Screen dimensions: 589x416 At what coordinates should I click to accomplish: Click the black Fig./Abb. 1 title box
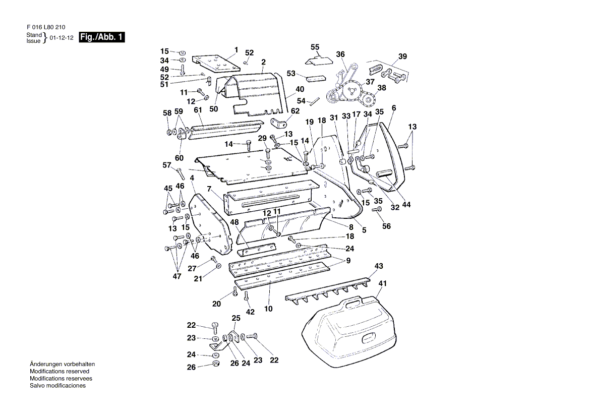(102, 37)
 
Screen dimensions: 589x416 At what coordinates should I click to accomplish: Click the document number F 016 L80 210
(46, 27)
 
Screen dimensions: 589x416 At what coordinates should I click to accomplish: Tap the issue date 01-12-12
(62, 38)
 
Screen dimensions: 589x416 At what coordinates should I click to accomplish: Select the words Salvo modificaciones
(58, 386)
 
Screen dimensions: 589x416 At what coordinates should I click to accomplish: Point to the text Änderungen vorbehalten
(63, 364)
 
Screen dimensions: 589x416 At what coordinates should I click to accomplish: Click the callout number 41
(382, 283)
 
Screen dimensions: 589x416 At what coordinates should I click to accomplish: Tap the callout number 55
(315, 47)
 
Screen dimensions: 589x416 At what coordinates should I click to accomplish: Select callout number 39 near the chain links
(402, 56)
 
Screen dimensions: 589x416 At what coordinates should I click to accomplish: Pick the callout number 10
(268, 309)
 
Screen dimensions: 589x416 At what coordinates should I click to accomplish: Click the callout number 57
(167, 165)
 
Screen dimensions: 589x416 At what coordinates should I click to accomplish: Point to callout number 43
(379, 266)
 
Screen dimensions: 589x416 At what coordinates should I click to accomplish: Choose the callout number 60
(179, 158)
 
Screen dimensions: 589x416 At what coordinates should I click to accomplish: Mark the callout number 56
(386, 226)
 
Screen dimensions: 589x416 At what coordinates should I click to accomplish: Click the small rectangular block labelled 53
(316, 78)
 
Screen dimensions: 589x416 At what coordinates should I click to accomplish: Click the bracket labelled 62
(278, 123)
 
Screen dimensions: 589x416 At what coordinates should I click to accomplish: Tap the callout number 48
(234, 222)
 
